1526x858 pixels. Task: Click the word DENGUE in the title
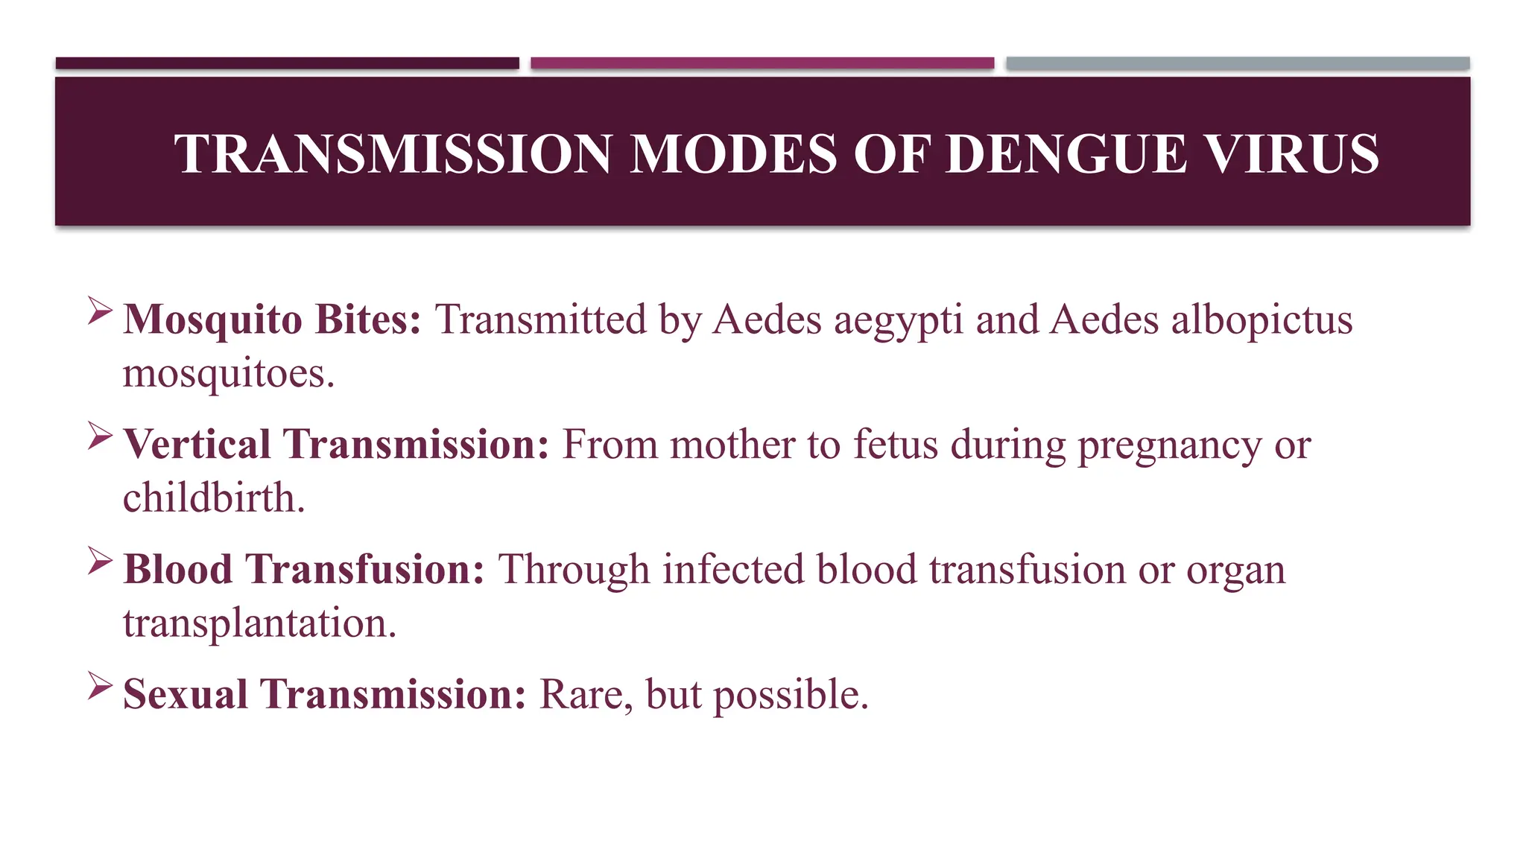tap(1066, 154)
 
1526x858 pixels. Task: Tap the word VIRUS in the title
tap(1291, 154)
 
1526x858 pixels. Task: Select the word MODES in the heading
tap(733, 154)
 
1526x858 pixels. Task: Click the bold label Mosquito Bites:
tap(272, 320)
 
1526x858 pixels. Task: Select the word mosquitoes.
tap(228, 374)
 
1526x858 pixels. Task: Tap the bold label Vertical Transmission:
tap(336, 445)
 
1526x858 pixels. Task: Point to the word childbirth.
tap(214, 498)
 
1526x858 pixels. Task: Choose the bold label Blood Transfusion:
tap(304, 570)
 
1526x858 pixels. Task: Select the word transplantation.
tap(259, 623)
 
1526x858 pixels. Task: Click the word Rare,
tap(586, 696)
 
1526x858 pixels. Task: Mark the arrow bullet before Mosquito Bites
tap(100, 311)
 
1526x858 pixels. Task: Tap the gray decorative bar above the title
tap(1238, 63)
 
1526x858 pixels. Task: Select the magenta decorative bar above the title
tap(762, 63)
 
